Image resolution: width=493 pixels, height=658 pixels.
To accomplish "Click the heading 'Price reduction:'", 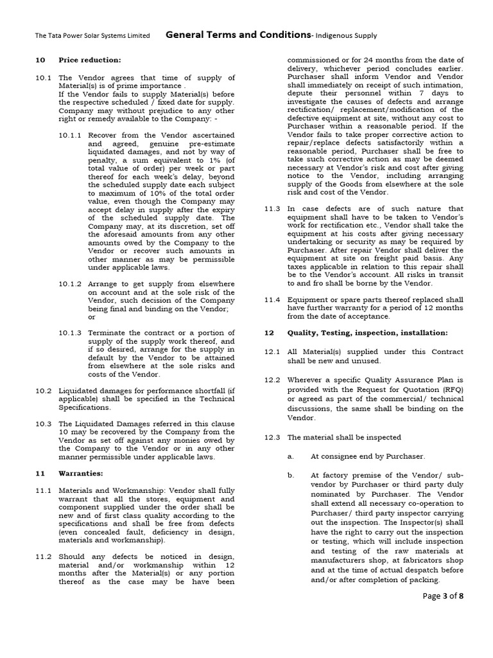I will click(89, 60).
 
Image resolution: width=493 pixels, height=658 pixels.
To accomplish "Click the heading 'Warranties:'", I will click(81, 473).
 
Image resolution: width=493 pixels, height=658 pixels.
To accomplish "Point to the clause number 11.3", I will click(272, 209).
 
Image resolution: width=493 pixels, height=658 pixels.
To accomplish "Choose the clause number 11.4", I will click(272, 299).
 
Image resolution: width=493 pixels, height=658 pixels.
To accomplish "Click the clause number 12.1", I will click(272, 351).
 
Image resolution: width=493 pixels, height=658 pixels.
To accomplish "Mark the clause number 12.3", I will click(272, 437).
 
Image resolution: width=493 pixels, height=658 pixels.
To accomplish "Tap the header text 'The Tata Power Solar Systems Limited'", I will click(92, 35).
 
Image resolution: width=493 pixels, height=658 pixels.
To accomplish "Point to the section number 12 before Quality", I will click(270, 333).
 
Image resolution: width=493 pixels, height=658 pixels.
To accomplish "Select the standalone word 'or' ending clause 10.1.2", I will click(91, 317).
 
